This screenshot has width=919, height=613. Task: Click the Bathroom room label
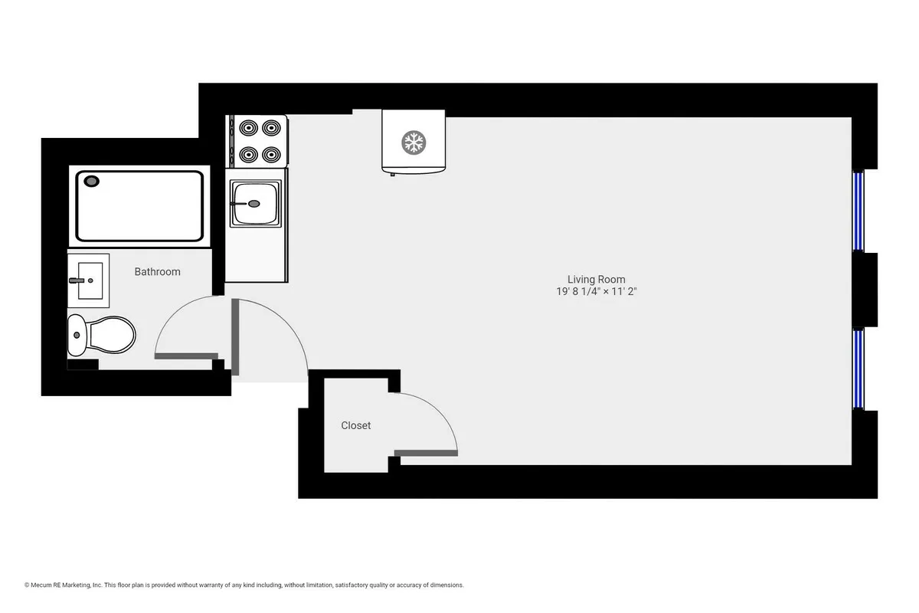click(158, 271)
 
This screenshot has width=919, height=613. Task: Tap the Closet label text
click(356, 425)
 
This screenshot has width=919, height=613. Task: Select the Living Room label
click(596, 280)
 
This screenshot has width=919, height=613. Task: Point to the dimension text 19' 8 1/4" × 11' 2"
click(596, 292)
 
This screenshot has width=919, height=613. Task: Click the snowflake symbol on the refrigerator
click(414, 142)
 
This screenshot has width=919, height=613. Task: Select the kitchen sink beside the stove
click(254, 203)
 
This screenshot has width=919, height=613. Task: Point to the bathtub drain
click(92, 182)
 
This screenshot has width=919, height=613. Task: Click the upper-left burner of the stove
click(247, 127)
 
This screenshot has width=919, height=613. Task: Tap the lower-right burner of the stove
click(271, 154)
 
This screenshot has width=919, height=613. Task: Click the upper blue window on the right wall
click(858, 211)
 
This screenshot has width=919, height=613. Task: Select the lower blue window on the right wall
click(858, 369)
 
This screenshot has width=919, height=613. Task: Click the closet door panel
click(427, 454)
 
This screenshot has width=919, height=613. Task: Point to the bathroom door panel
click(186, 356)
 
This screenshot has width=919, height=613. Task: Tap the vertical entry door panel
click(235, 337)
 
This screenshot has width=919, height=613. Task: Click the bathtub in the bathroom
click(140, 205)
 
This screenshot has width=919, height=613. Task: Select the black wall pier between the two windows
click(865, 289)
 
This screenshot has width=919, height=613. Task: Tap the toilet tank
click(77, 336)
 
